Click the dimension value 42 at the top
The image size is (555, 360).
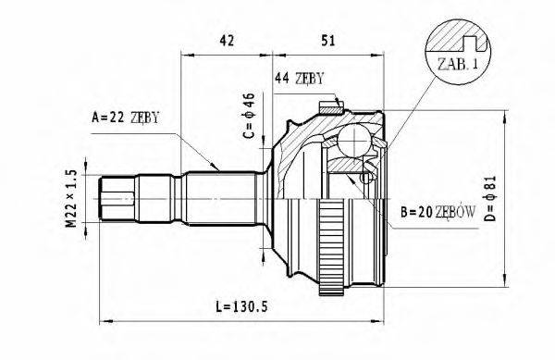[x=224, y=39]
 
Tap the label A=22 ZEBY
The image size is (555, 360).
[x=126, y=117]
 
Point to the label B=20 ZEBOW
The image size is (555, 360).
[x=438, y=211]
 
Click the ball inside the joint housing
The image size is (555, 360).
[x=351, y=143]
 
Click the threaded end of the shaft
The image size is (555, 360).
[x=116, y=197]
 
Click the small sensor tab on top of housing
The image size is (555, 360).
[x=327, y=104]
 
